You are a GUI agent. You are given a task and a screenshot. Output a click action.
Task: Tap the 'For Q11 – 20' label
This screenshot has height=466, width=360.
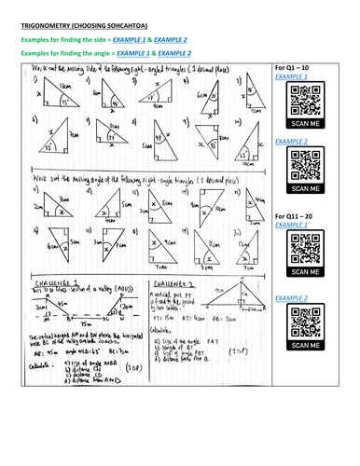tap(294, 216)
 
